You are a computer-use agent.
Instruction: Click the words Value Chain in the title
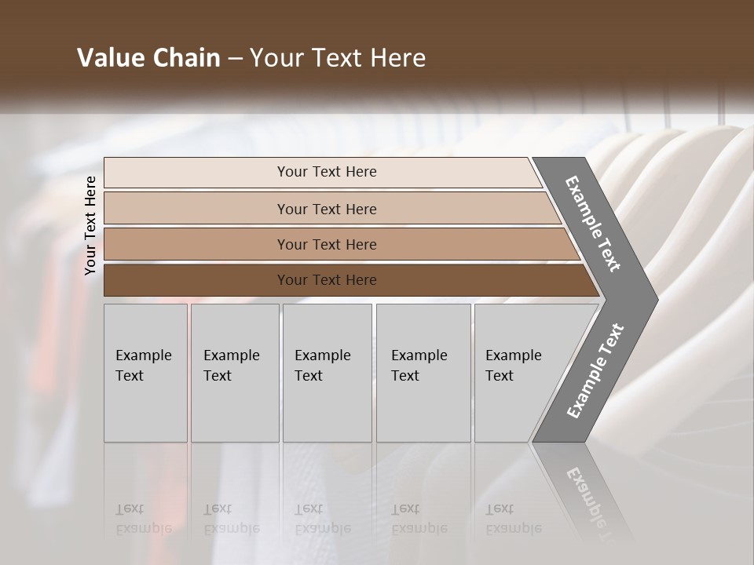[x=148, y=58]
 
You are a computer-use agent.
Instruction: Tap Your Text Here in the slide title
[x=338, y=58]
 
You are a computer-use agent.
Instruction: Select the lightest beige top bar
[x=196, y=172]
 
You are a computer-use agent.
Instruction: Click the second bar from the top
[x=196, y=209]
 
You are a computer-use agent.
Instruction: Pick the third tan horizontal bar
[x=196, y=244]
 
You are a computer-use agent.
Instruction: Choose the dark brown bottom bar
[x=196, y=280]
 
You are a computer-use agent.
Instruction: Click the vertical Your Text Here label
[x=90, y=225]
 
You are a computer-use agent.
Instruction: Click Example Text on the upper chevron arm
[x=593, y=224]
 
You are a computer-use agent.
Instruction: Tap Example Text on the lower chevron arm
[x=595, y=370]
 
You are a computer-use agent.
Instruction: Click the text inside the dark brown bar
[x=327, y=280]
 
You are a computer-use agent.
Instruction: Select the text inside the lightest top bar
[x=327, y=172]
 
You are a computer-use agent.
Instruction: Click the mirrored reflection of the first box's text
[x=143, y=519]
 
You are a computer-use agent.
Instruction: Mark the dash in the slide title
[x=235, y=59]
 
